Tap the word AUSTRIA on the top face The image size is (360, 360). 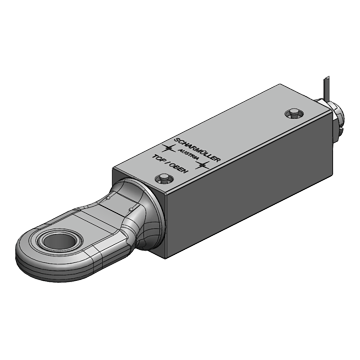click(187, 153)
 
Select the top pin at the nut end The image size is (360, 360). click(294, 112)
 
